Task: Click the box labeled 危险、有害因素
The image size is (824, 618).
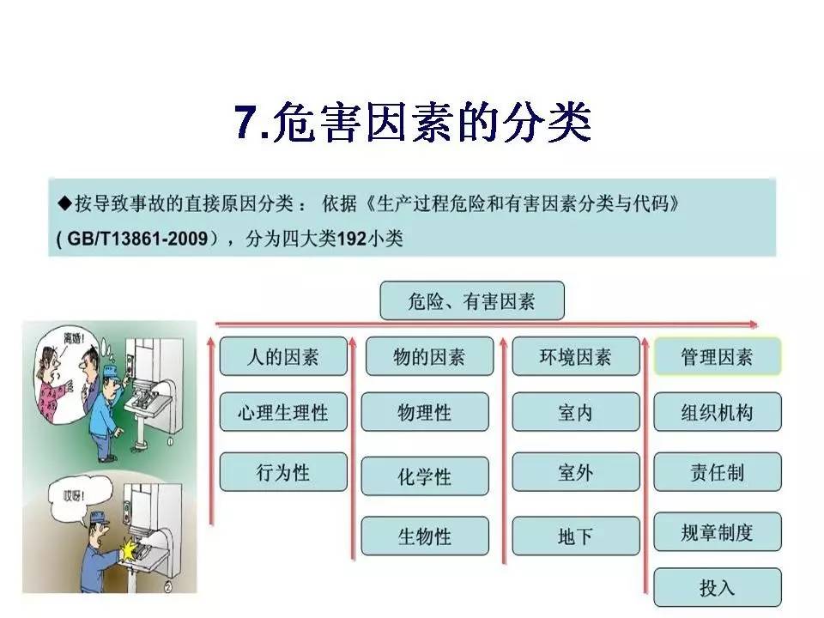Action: (471, 301)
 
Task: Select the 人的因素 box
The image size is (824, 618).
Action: (283, 356)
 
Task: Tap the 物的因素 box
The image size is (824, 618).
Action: (429, 356)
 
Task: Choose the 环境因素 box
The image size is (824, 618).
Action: (575, 356)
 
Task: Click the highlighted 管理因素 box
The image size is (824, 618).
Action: (717, 356)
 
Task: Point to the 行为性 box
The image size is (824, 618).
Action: (283, 472)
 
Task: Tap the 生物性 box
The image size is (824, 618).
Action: (424, 536)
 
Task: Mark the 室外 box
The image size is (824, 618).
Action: (575, 472)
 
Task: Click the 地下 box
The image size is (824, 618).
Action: (575, 536)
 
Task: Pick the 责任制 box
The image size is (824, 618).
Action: (717, 472)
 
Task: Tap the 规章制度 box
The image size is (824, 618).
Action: (717, 532)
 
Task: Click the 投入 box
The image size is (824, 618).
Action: (717, 588)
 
